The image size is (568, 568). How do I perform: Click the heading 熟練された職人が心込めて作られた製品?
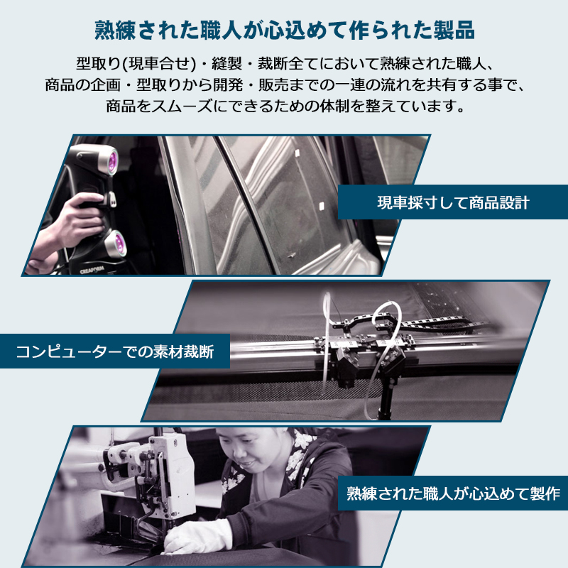pos(284,31)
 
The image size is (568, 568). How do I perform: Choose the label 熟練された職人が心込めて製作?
pos(452,493)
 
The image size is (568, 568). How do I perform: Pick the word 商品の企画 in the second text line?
pos(78,84)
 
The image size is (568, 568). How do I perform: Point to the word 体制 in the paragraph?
pos(359,106)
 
